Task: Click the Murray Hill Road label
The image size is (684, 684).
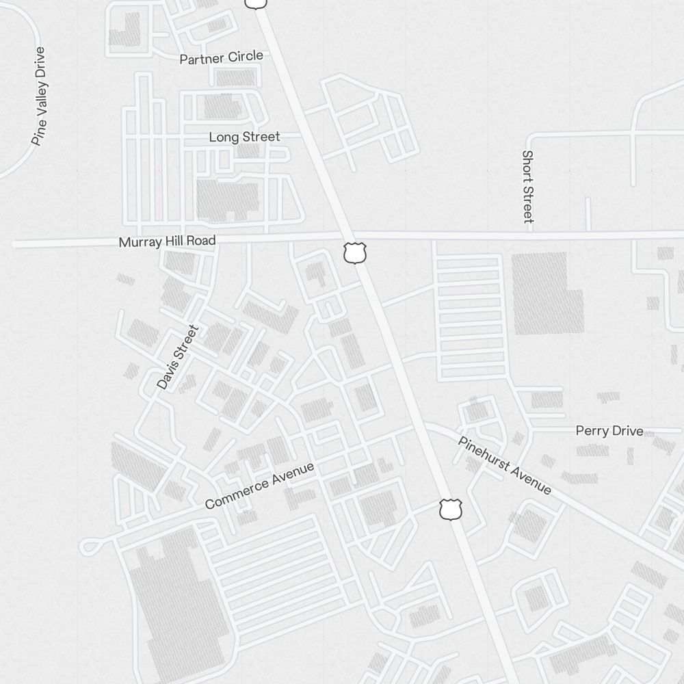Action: tap(167, 241)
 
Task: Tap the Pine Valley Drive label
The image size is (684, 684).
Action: tap(40, 96)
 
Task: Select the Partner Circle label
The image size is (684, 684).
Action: tap(221, 57)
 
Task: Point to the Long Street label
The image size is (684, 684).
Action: tap(244, 137)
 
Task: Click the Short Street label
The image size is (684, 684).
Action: tap(527, 187)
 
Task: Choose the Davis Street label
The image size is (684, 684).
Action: tap(178, 357)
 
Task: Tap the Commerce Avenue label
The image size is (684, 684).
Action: tap(260, 485)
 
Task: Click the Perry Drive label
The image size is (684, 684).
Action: tap(609, 431)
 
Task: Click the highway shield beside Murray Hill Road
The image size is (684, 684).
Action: tap(355, 252)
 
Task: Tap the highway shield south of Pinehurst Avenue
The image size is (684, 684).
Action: tap(451, 510)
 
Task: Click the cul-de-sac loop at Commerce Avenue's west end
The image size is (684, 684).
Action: tap(88, 546)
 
